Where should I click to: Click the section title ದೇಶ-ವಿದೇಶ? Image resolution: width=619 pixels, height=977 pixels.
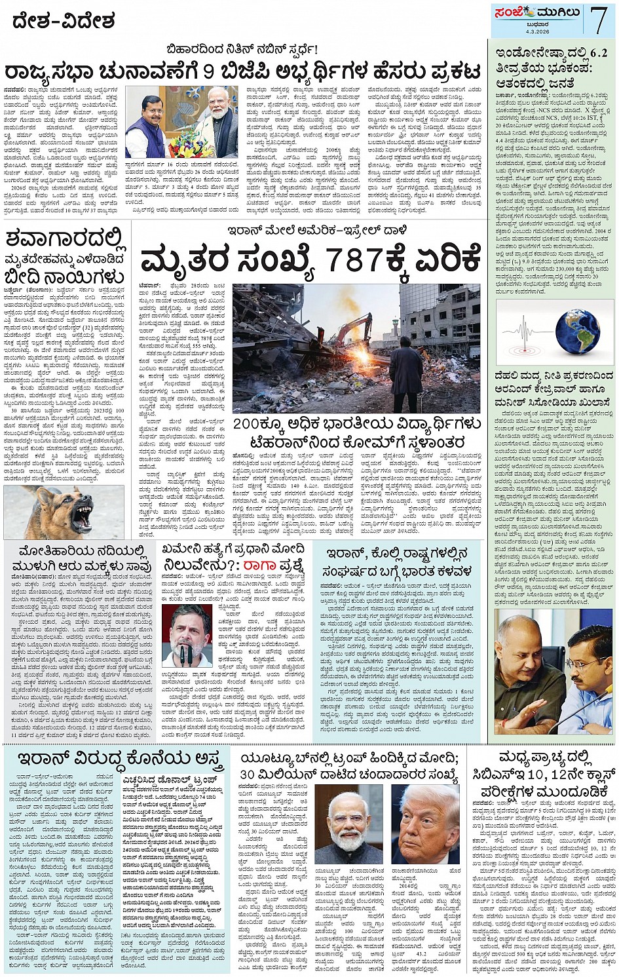[64, 22]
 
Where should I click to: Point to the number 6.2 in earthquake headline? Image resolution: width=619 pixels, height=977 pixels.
[593, 53]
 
